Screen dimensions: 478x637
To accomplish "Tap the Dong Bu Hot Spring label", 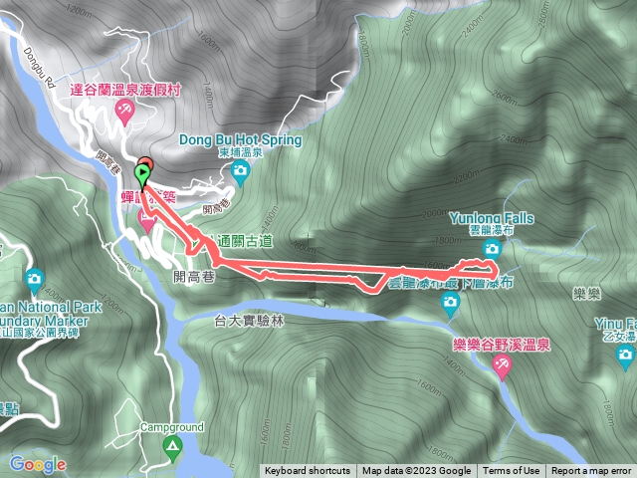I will pos(240,139).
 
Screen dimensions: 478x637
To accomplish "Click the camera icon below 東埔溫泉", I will pos(240,171).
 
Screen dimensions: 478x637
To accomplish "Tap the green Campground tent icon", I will pos(173,446).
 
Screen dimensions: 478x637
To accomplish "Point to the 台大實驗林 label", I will pos(249,321).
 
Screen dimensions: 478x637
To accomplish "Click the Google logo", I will pos(38,464).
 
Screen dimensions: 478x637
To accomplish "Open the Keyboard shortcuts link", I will pos(308,471).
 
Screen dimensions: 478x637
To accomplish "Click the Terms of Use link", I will pos(512,471).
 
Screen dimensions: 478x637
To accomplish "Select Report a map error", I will pos(591,471).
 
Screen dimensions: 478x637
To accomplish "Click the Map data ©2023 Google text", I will pos(416,471).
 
